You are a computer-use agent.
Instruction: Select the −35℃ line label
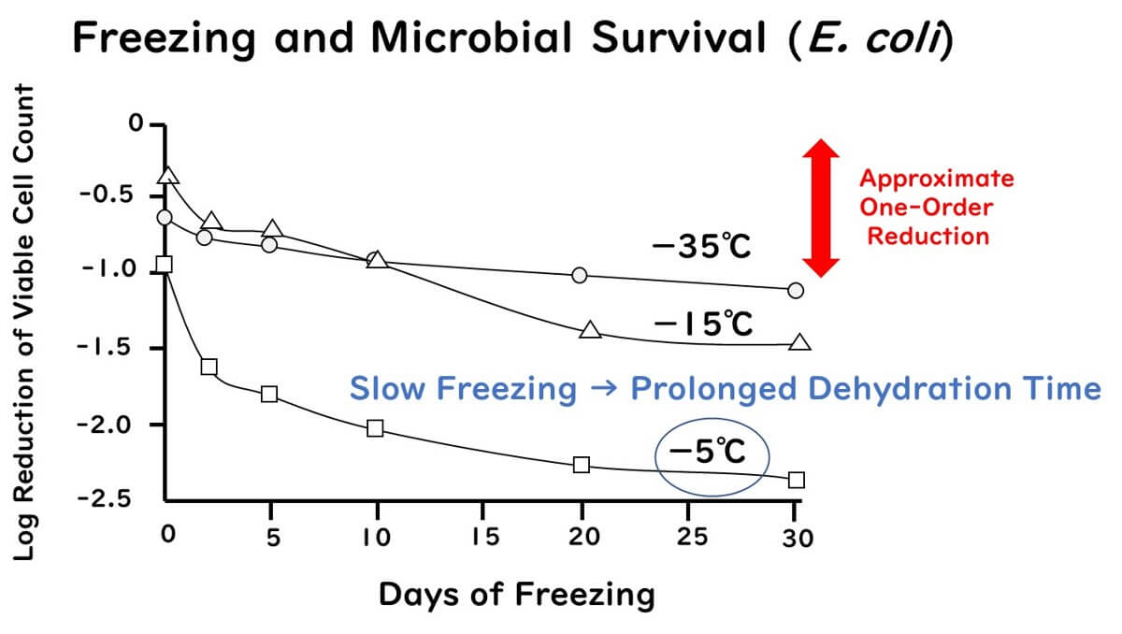tap(701, 248)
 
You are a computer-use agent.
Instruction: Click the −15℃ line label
tap(702, 324)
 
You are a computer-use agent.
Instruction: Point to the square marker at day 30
tap(796, 480)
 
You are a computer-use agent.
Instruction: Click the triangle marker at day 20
tap(590, 330)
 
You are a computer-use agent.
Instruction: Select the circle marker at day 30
tap(796, 290)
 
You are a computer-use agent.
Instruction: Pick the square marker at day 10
tap(376, 428)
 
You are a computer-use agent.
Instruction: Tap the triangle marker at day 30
tap(800, 342)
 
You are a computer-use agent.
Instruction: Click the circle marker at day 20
tap(580, 275)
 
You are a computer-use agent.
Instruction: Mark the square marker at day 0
tap(165, 264)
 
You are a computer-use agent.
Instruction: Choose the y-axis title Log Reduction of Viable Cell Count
tap(25, 323)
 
